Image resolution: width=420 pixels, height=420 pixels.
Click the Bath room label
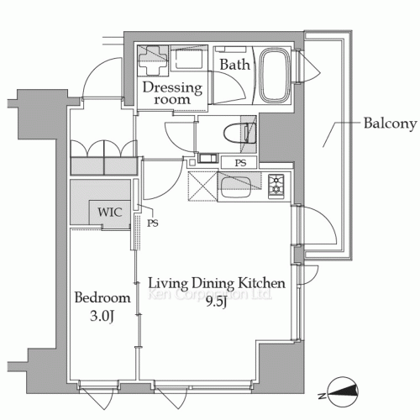[234, 65]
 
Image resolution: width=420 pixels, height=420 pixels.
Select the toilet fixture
[240, 133]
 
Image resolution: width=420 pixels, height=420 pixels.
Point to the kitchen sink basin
[235, 186]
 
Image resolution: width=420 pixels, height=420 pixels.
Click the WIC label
[110, 212]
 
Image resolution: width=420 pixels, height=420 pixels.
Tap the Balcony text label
[391, 123]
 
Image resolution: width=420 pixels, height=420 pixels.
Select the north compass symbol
[343, 392]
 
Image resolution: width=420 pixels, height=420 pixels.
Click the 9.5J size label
[216, 302]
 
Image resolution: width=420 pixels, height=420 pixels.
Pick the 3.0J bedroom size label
[102, 317]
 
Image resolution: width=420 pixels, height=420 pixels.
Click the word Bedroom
[102, 297]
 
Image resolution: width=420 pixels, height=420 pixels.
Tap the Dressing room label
[172, 93]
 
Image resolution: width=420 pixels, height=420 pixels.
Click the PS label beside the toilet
[240, 163]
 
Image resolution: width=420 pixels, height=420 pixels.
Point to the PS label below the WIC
[153, 223]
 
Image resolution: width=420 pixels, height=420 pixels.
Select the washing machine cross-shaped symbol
[153, 60]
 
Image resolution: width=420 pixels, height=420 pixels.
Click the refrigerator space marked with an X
[202, 186]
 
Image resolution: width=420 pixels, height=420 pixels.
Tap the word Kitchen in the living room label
[261, 283]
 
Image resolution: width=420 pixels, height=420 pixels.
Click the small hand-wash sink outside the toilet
[207, 158]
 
